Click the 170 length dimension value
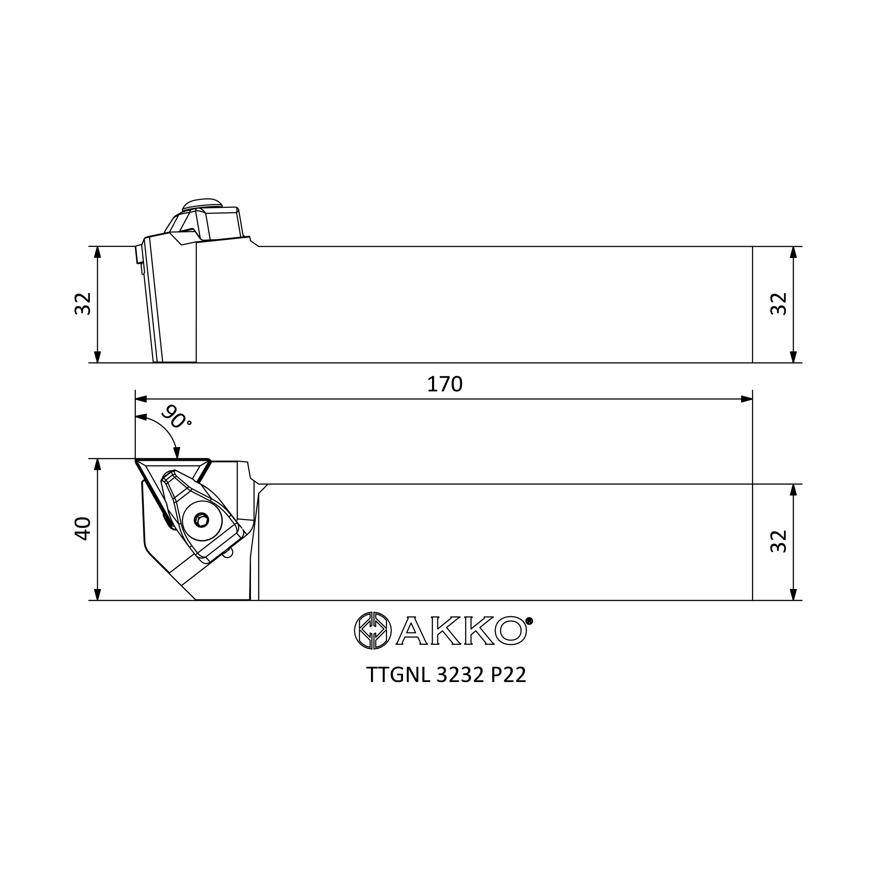point(444,385)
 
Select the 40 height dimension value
point(83,529)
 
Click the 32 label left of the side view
point(83,303)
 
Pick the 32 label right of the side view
point(778,303)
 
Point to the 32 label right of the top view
point(778,541)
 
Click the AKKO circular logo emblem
point(373,631)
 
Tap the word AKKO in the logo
point(461,631)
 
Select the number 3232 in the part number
point(460,675)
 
